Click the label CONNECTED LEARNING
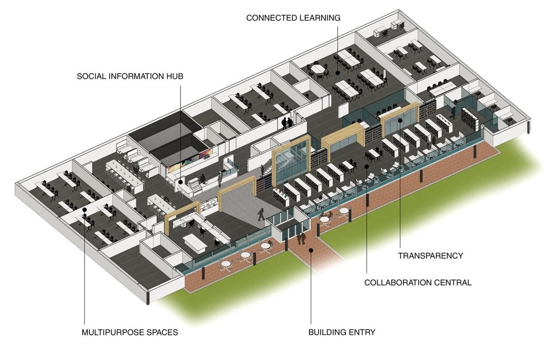(x=293, y=18)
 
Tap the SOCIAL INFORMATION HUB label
(x=130, y=76)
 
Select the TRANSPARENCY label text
(x=430, y=256)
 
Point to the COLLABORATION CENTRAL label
(x=418, y=282)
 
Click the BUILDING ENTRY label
(x=342, y=332)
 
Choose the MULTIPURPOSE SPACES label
(x=130, y=332)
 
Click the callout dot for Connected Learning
(x=337, y=73)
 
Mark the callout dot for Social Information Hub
(x=181, y=178)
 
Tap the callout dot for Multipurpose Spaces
(x=84, y=210)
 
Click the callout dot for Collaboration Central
(x=367, y=166)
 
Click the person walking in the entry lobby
(x=261, y=214)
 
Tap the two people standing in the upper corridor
(x=287, y=123)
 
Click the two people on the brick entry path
(x=301, y=238)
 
